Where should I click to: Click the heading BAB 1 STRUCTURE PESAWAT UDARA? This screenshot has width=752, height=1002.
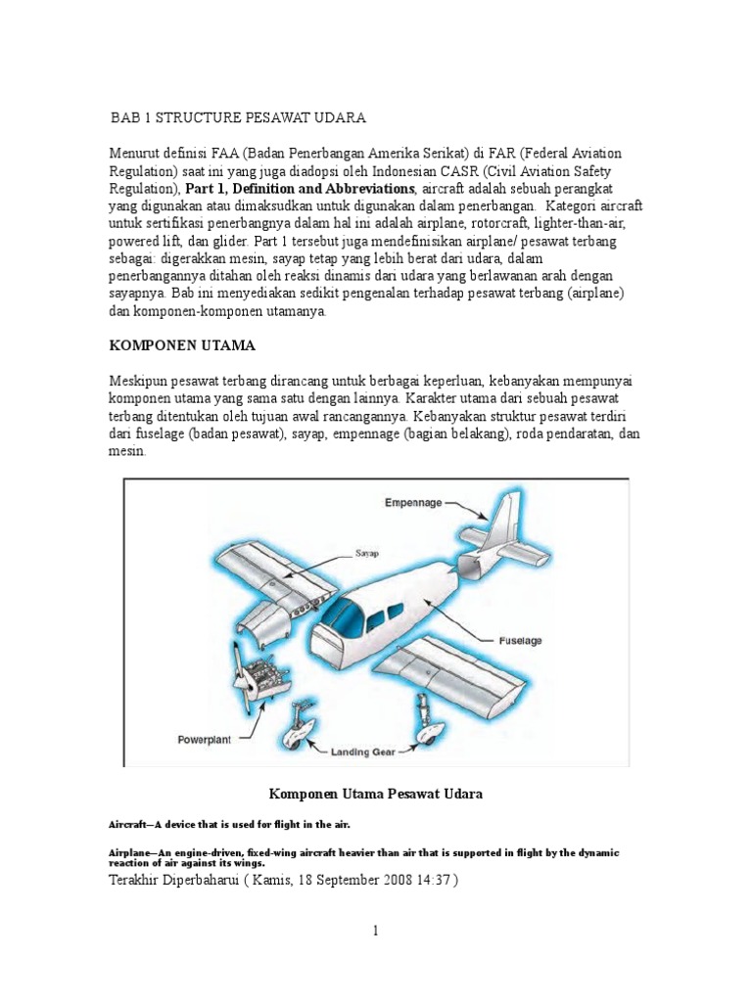click(x=239, y=117)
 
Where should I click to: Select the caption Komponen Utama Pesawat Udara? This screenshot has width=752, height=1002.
click(x=375, y=794)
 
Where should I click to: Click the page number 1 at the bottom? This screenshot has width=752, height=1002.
click(x=375, y=931)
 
